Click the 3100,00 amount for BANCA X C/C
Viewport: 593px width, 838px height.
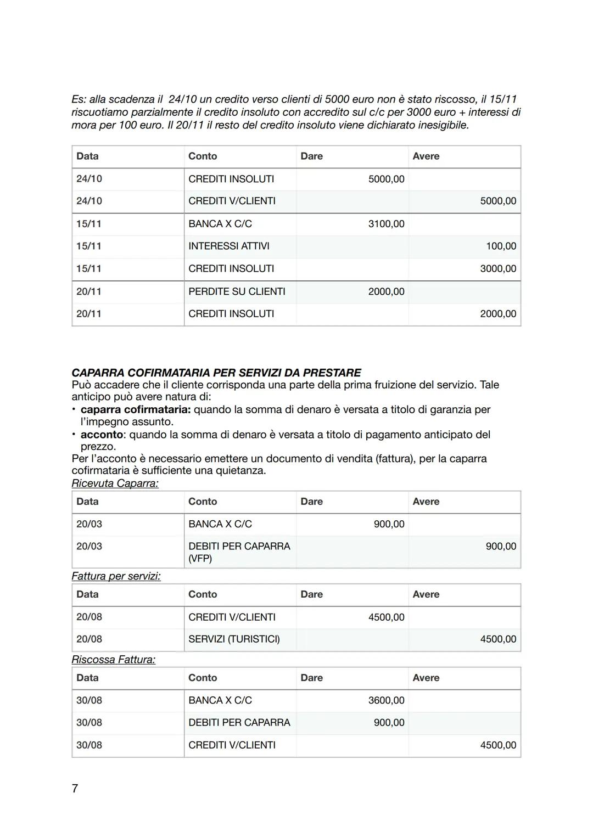tap(386, 224)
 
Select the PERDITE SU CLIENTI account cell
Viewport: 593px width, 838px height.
tap(237, 291)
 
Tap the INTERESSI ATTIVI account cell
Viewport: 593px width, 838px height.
tap(228, 246)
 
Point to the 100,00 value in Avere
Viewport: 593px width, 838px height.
tap(501, 246)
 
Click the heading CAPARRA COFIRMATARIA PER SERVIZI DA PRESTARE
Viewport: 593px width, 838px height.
tap(216, 373)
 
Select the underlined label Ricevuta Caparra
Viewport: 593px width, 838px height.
tap(115, 483)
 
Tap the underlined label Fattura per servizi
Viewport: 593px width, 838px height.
tap(116, 576)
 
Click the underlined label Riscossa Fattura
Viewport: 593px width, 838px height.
tap(113, 660)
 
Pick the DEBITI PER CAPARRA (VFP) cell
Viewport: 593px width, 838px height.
tap(239, 552)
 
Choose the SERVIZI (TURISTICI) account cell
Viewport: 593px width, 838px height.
tap(234, 639)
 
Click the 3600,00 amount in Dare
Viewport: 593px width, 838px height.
tap(386, 700)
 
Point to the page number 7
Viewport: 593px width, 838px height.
tap(75, 789)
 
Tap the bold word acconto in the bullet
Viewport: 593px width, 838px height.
tap(102, 435)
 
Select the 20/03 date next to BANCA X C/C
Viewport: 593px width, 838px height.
tap(89, 524)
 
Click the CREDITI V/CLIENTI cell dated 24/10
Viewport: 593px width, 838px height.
tap(232, 201)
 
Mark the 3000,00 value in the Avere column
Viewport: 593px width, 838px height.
tap(498, 269)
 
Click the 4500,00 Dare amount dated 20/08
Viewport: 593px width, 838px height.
tap(386, 617)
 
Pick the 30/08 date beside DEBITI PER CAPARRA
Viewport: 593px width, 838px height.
tap(89, 723)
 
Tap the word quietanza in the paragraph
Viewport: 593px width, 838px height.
tap(238, 471)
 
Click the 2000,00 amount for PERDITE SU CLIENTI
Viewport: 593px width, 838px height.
tap(386, 291)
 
